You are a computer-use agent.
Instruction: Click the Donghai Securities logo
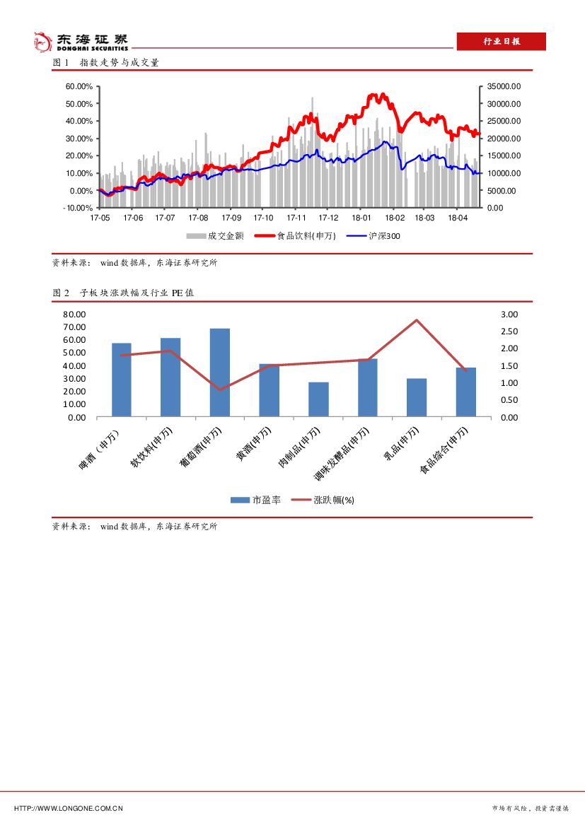[81, 42]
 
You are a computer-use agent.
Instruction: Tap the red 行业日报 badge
[501, 42]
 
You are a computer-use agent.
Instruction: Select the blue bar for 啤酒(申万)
[122, 380]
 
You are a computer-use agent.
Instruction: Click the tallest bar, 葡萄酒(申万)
[220, 373]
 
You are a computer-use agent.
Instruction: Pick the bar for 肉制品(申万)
[318, 399]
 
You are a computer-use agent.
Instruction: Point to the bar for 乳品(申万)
[417, 397]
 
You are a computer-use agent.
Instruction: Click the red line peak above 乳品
[417, 320]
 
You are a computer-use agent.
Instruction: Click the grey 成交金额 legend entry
[215, 236]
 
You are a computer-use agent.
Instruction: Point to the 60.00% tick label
[79, 86]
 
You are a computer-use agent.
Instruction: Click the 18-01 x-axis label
[361, 218]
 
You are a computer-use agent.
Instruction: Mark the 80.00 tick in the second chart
[74, 314]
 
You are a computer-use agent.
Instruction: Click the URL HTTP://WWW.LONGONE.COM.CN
[69, 808]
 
